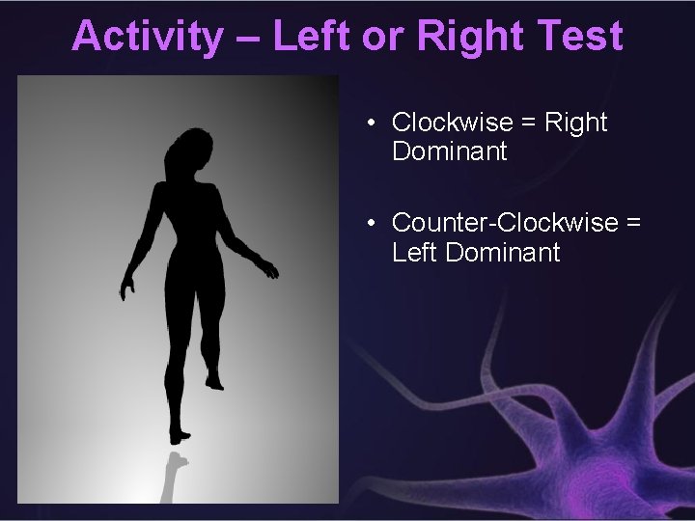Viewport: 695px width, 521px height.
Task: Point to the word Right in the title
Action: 455,36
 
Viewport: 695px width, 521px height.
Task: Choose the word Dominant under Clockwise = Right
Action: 449,151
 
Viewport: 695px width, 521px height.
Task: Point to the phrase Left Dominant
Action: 475,253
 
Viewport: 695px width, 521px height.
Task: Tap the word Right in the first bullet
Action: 576,123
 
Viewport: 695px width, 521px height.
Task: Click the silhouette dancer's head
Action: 184,152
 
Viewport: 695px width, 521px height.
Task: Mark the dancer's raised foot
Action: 214,381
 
